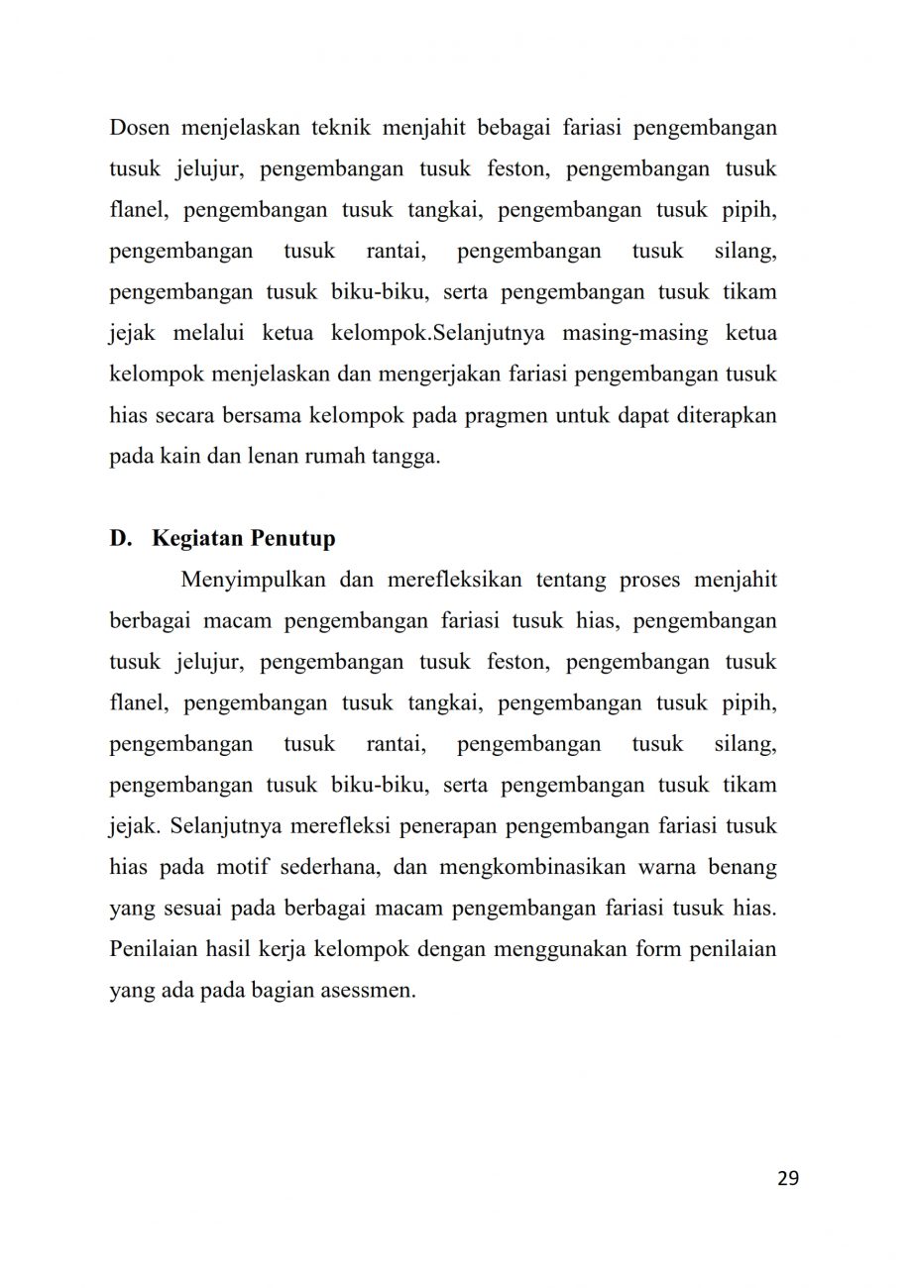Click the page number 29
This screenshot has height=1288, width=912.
click(x=788, y=1178)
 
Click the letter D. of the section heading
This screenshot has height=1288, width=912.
click(x=121, y=539)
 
